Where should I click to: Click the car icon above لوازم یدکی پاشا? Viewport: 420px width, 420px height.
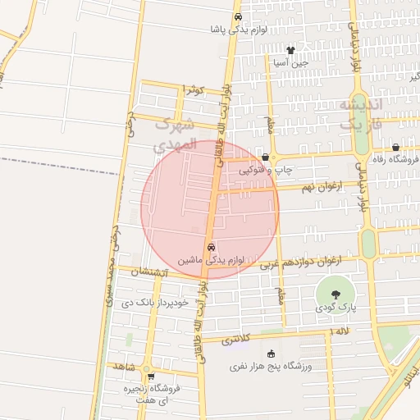238,16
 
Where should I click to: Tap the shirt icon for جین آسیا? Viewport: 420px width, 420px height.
290,50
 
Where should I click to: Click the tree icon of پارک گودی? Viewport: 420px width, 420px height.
335,294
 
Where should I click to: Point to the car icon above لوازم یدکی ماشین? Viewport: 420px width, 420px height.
211,247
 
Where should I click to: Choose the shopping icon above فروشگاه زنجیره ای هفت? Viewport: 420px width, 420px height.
150,377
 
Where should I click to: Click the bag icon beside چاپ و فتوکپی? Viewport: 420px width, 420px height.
265,157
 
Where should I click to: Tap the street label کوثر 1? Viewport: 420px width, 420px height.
192,89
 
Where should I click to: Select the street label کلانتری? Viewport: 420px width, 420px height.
233,337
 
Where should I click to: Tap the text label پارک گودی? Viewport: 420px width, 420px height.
335,307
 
